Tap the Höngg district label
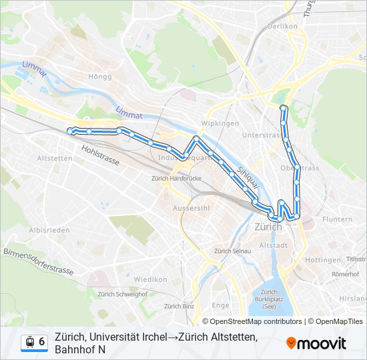pos(99,77)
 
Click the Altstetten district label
pos(55,159)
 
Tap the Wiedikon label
pos(150,279)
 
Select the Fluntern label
pos(337,219)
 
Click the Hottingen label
pos(323,260)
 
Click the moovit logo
pos(316,343)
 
